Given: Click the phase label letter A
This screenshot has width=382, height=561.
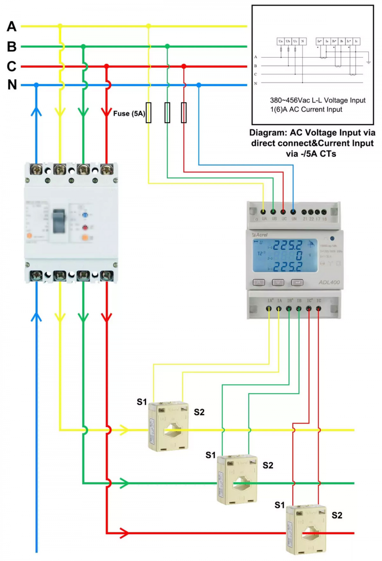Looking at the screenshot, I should tap(11, 26).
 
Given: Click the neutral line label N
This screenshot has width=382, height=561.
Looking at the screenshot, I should tap(12, 84).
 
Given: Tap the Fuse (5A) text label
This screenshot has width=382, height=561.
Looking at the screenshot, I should tap(129, 113).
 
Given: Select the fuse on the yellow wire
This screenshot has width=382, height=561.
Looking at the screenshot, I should tap(149, 113).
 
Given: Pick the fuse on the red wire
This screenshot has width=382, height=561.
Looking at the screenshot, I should tap(184, 113).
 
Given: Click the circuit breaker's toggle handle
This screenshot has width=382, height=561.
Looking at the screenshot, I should tap(59, 221).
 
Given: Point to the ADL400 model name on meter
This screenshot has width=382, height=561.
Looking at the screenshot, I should tap(329, 282).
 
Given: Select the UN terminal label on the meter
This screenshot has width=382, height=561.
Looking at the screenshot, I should tap(294, 219).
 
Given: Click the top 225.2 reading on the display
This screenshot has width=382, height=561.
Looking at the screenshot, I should tap(287, 245).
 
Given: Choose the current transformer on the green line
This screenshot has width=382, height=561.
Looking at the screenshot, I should tap(237, 479).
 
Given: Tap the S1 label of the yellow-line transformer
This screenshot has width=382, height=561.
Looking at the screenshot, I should tap(142, 402).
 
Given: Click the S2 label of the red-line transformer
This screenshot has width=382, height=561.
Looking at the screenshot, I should tap(337, 515).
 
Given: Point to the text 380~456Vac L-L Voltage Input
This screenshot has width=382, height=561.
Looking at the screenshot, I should tap(317, 100).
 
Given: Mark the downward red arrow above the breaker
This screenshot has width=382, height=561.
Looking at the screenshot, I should tap(107, 112).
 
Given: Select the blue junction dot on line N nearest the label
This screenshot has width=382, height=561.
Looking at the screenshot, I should tap(36, 85).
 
